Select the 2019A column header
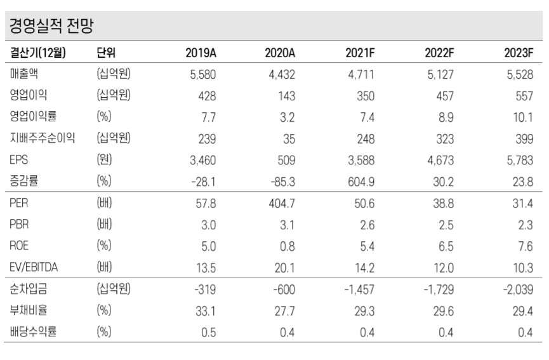(x=200, y=52)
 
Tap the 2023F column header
(x=519, y=52)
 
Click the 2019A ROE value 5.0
(x=208, y=246)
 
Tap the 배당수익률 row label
(x=33, y=331)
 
